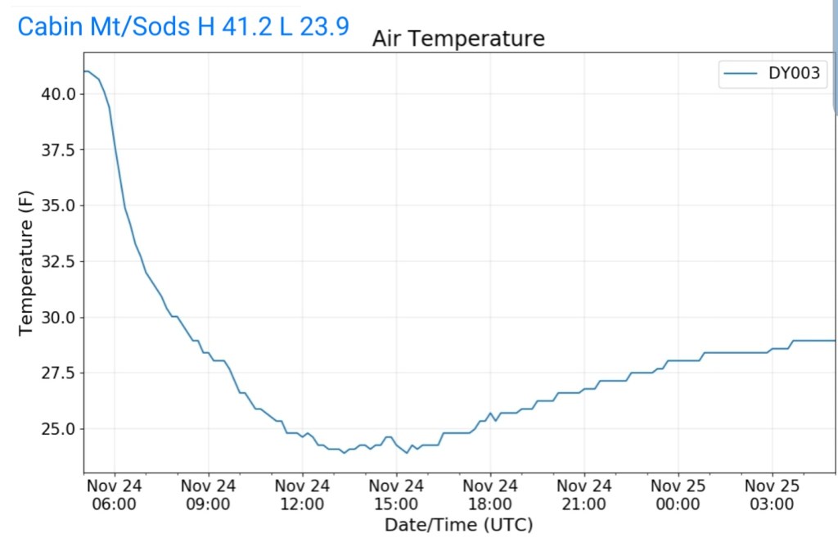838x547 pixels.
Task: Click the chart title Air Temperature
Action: click(458, 38)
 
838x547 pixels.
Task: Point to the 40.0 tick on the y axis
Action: click(58, 94)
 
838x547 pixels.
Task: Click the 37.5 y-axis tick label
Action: click(58, 150)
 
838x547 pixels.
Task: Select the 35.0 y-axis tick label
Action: click(58, 206)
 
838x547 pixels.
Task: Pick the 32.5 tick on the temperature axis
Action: click(58, 261)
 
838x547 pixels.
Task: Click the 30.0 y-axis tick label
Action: click(58, 317)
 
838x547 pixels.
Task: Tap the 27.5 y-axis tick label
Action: click(58, 373)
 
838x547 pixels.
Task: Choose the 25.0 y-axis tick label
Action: click(58, 428)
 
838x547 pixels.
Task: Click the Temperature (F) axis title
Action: click(27, 261)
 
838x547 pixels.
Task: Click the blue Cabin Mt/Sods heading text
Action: click(183, 26)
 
